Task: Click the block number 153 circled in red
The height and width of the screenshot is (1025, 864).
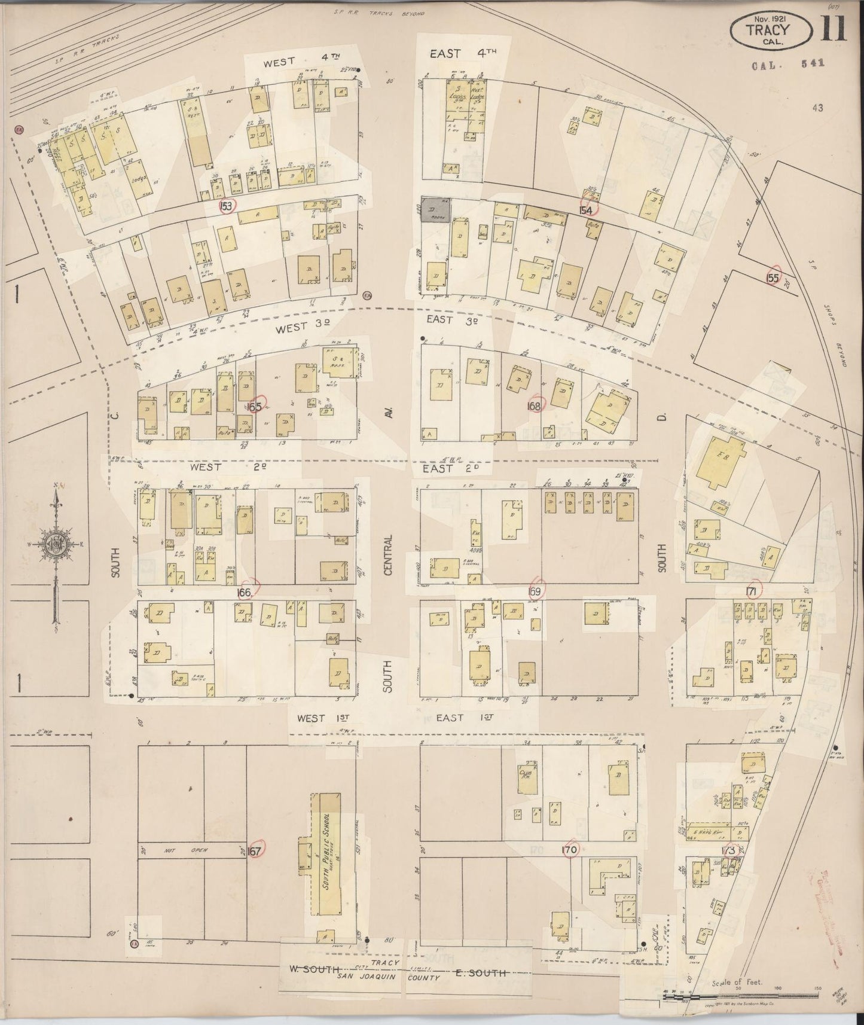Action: pyautogui.click(x=226, y=206)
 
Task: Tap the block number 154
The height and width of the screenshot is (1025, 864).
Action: pyautogui.click(x=585, y=210)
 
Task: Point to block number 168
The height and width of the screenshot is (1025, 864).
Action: pyautogui.click(x=534, y=406)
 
